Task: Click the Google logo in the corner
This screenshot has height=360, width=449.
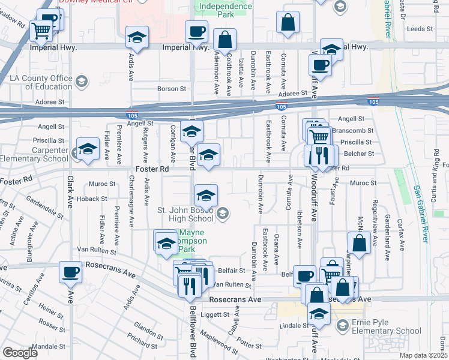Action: pyautogui.click(x=19, y=353)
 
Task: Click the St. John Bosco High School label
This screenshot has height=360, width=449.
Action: pyautogui.click(x=185, y=214)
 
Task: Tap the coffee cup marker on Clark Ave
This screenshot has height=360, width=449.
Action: pyautogui.click(x=71, y=272)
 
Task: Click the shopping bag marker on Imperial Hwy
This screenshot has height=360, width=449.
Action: pyautogui.click(x=224, y=41)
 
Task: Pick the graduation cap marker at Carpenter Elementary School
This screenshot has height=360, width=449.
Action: pyautogui.click(x=88, y=150)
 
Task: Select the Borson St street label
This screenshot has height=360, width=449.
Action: pyautogui.click(x=172, y=88)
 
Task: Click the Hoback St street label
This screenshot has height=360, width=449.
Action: pyautogui.click(x=91, y=199)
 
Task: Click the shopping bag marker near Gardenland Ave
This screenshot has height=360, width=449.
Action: pyautogui.click(x=359, y=244)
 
